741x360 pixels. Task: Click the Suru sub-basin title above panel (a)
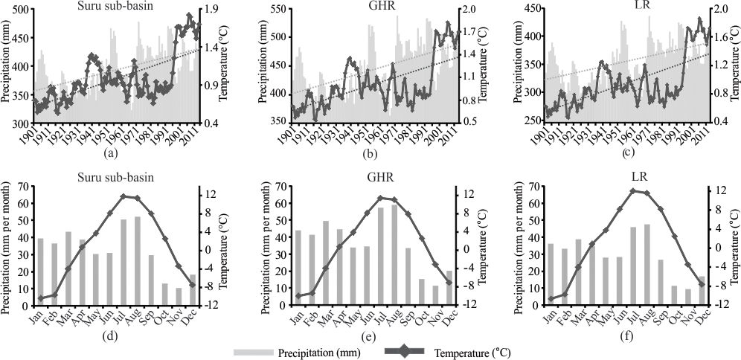pos(112,7)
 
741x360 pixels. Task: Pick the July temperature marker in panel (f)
pos(633,190)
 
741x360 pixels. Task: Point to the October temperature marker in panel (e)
pos(422,238)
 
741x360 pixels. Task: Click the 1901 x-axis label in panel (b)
pos(286,137)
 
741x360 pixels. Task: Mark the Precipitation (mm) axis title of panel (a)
pos(6,65)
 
